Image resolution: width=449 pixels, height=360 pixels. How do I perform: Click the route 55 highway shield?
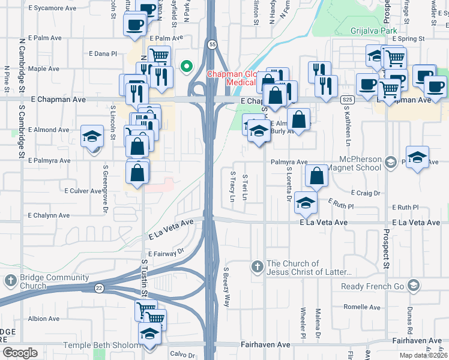tap(212, 44)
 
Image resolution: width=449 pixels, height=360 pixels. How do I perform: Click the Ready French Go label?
tap(373, 286)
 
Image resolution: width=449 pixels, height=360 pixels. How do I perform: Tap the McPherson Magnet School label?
tap(351, 163)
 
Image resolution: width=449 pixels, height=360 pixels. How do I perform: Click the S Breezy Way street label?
tap(226, 287)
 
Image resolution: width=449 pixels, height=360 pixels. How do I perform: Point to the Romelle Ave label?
tap(362, 307)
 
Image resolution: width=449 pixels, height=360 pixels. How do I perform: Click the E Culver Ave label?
tap(83, 191)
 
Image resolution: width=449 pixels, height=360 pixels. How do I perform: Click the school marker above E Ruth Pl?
tap(306, 202)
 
